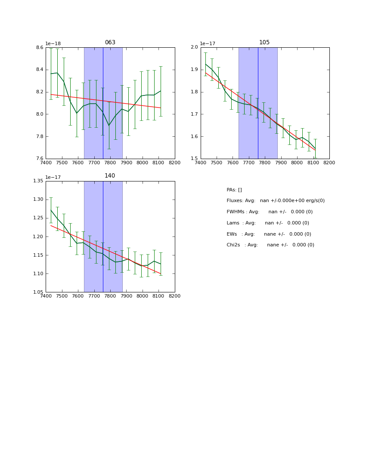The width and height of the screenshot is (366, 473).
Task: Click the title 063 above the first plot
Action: click(x=110, y=43)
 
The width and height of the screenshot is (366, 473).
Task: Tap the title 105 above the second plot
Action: click(x=264, y=43)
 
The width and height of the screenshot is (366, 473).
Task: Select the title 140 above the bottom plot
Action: click(x=110, y=176)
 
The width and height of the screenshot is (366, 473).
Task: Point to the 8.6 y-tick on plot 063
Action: click(x=39, y=47)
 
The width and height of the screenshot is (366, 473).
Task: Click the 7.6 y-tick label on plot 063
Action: click(x=39, y=159)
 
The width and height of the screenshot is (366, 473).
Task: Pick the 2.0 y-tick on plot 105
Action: click(x=194, y=47)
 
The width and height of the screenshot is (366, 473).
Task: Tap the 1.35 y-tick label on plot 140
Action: click(x=38, y=181)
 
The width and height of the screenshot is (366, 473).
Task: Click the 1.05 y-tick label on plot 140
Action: click(x=38, y=292)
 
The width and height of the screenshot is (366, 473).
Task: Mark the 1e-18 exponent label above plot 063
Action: click(x=53, y=43)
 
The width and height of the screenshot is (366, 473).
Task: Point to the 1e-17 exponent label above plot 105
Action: click(x=208, y=43)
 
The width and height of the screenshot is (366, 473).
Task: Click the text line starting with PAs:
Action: click(x=234, y=190)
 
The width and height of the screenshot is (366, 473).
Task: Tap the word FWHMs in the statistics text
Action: click(x=235, y=212)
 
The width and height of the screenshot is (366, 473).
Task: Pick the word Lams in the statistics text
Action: click(x=233, y=223)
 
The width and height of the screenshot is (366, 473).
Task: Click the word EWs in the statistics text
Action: click(x=232, y=234)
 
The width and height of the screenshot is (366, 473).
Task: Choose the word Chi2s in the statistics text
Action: click(x=234, y=245)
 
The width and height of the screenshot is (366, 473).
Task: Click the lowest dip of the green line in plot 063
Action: click(x=109, y=125)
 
